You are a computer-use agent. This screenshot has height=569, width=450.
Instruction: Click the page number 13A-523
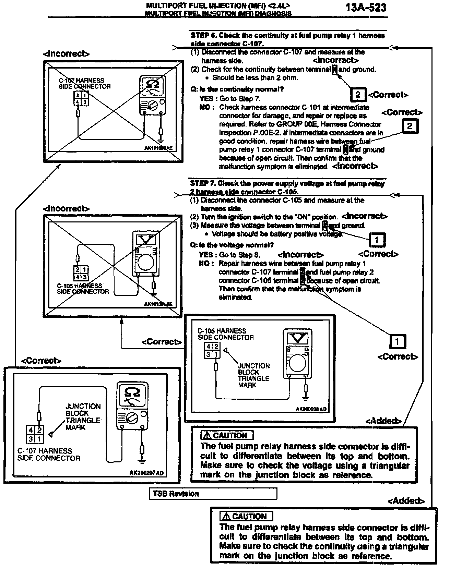point(366,8)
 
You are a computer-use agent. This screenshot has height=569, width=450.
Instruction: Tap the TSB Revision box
point(213,494)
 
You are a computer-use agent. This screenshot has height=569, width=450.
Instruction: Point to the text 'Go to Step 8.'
point(240,255)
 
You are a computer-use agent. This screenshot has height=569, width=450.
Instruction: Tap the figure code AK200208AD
point(311,409)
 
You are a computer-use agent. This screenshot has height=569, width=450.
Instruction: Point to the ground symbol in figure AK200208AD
point(305,398)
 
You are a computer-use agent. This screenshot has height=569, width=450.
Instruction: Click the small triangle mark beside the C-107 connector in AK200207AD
point(51,434)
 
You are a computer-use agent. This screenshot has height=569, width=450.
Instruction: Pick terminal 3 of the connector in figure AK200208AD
point(208,354)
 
